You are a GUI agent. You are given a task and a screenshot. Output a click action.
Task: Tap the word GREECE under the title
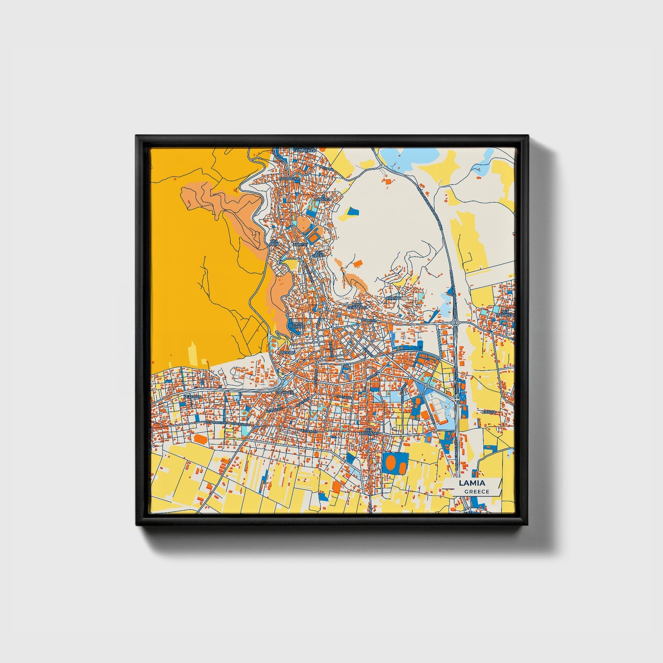coord(477,492)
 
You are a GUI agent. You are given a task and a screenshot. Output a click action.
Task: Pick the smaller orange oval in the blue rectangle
coord(401,468)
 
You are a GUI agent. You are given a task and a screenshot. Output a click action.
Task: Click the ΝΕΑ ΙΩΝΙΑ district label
coord(274,242)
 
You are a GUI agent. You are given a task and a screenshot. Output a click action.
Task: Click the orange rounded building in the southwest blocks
coord(201,439)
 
